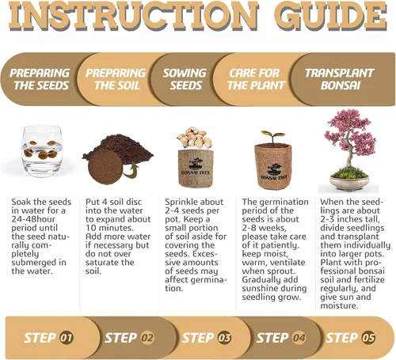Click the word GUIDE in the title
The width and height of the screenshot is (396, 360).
(331, 17)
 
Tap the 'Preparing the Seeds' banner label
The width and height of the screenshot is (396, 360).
(40, 79)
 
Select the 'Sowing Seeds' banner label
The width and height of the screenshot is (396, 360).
(185, 79)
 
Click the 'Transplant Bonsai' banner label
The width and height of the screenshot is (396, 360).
(340, 79)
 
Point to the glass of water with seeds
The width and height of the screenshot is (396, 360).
(42, 151)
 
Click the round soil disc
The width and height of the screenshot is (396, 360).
(105, 167)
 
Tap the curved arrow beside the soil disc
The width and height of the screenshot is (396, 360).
(131, 171)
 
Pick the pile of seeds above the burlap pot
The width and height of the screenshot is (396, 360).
(195, 138)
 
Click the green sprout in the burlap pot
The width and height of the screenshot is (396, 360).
(272, 136)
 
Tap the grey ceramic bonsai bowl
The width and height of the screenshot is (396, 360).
(349, 183)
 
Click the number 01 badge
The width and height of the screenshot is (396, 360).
(67, 338)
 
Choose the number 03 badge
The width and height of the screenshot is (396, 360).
(224, 338)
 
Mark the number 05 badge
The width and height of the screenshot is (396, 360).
(368, 338)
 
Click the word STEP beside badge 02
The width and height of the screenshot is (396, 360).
(121, 338)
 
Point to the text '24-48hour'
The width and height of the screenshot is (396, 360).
(33, 219)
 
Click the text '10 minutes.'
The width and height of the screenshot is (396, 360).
(109, 228)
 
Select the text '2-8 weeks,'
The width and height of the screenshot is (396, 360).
(264, 228)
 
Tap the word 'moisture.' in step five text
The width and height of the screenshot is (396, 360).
(339, 305)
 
